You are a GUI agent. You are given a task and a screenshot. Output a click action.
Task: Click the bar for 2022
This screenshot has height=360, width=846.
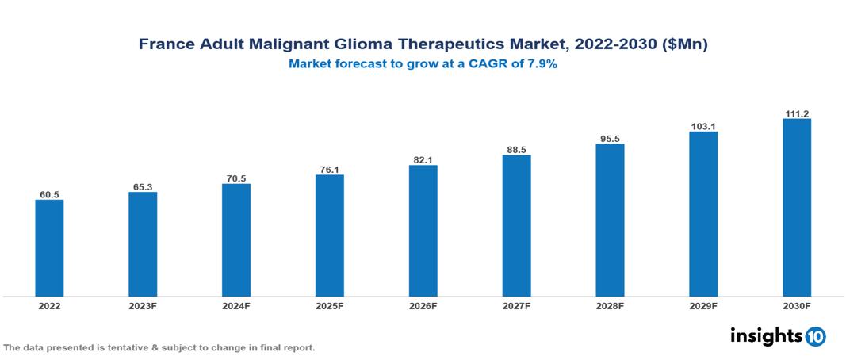point(49,248)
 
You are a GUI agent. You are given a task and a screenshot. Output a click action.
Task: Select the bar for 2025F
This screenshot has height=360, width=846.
point(330,236)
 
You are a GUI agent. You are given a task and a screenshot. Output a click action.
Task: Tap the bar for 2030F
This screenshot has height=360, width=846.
point(797,208)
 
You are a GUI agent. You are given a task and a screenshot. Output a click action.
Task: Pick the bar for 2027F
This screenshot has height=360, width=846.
point(516,226)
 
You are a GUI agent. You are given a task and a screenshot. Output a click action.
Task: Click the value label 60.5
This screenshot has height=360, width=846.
point(49,194)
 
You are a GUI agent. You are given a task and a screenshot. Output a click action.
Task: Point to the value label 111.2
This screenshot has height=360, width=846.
point(797,113)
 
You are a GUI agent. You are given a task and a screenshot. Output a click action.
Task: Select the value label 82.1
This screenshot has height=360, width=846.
point(423,160)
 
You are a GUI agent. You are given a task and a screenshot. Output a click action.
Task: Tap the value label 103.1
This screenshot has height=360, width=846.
point(703,126)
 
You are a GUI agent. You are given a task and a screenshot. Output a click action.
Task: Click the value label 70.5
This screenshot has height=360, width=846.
point(236,178)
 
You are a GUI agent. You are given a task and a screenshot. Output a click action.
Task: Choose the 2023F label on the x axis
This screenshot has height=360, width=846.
point(143,305)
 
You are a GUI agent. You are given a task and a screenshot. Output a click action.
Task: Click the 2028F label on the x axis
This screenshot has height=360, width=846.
point(610,305)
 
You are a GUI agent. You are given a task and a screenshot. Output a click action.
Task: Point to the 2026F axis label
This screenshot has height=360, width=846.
point(423,305)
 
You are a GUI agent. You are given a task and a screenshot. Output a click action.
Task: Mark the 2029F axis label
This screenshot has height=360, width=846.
point(703,305)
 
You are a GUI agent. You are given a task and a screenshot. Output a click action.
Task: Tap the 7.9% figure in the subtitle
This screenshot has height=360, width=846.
point(541,64)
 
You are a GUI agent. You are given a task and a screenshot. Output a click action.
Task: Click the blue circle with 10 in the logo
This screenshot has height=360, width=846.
point(815,336)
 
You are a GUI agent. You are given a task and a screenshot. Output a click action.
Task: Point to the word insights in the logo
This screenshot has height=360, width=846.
point(766,335)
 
